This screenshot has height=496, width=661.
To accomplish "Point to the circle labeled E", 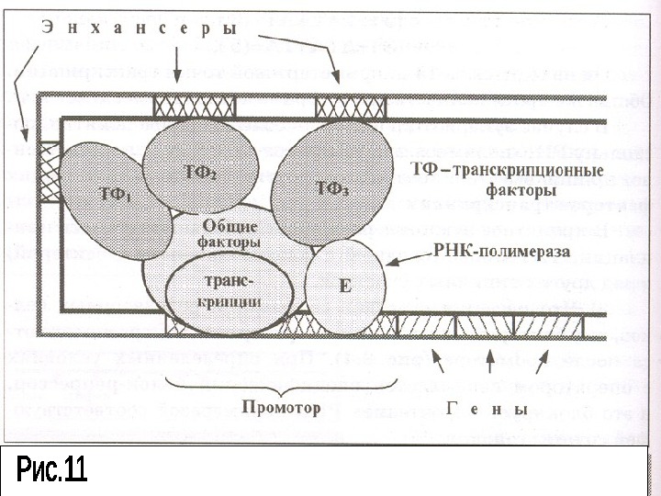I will click(344, 286).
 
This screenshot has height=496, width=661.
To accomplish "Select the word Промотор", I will click(281, 405).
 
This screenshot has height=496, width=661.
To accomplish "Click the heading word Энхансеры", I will click(138, 29).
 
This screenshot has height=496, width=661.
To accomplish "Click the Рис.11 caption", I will click(51, 471).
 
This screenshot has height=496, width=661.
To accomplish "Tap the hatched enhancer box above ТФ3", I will click(338, 107).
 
